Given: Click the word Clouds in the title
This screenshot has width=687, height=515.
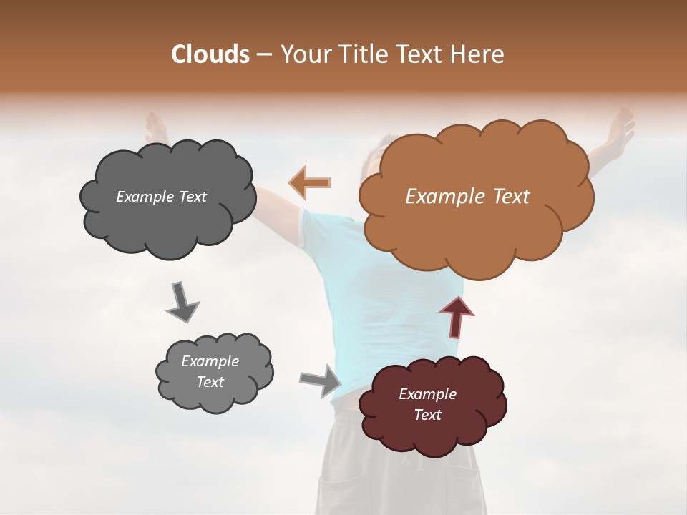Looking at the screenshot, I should click(x=210, y=54).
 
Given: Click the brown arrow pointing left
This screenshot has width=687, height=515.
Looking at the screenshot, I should click(x=310, y=182).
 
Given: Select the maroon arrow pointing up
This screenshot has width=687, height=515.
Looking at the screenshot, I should click(x=457, y=317).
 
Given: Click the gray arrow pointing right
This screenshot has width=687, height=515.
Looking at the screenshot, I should click(x=321, y=380).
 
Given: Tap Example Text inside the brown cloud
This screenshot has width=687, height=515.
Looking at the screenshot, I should click(x=467, y=197).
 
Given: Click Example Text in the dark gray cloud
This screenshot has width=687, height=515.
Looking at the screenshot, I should click(x=161, y=197).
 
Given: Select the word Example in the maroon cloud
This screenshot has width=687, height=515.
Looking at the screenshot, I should click(x=427, y=394).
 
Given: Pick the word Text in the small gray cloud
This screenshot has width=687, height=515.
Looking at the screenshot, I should click(x=210, y=382).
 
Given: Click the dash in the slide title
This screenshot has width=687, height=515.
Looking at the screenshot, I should click(x=264, y=55).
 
